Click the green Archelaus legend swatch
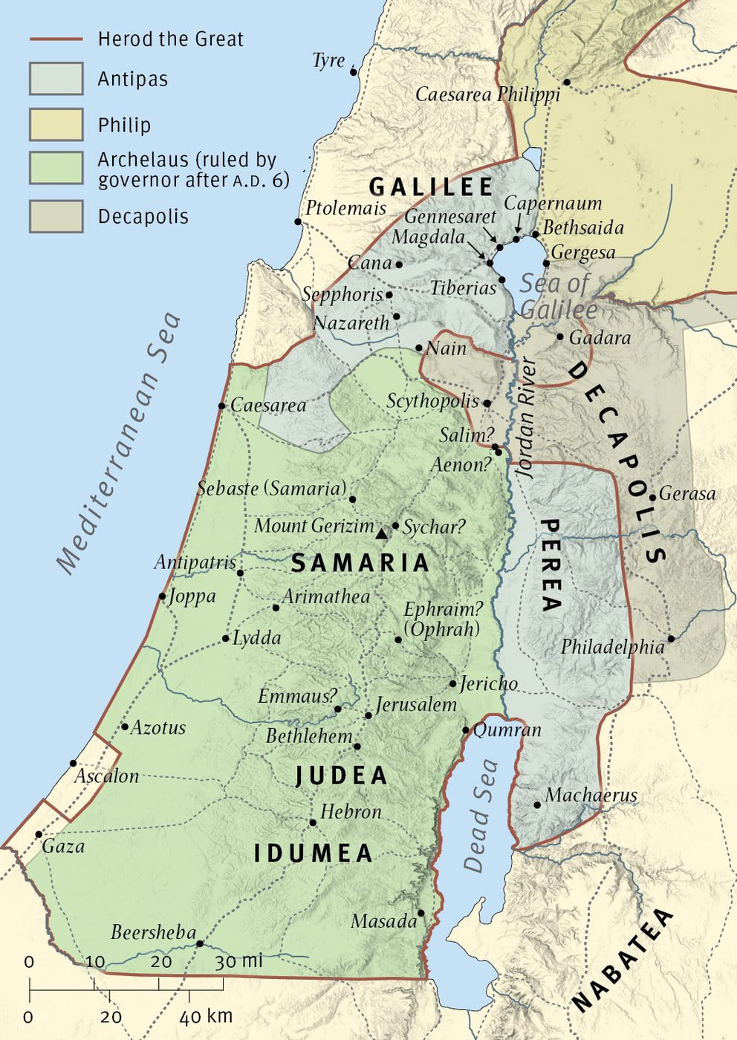click(x=56, y=168)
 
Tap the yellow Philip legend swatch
click(x=56, y=124)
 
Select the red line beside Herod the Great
click(x=56, y=39)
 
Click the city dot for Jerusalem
click(x=368, y=715)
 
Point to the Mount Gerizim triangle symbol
click(x=382, y=533)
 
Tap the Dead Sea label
click(x=480, y=815)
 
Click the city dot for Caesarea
click(x=221, y=406)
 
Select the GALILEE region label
click(x=431, y=186)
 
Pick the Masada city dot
click(x=421, y=913)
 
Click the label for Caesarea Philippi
click(x=487, y=94)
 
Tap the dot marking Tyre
click(x=354, y=72)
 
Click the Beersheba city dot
click(x=199, y=943)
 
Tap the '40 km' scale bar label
click(x=206, y=1015)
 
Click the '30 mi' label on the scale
click(x=239, y=961)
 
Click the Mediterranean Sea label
click(x=119, y=443)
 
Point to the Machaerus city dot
click(x=537, y=805)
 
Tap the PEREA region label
click(x=550, y=565)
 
